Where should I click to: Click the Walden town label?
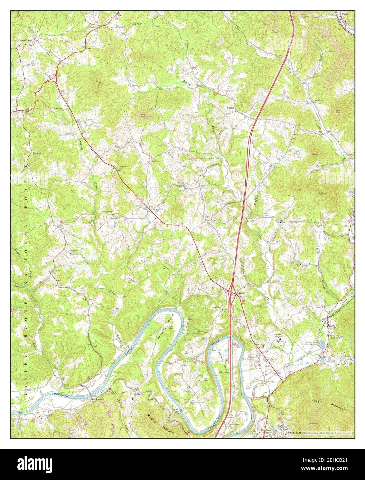(x=230, y=108)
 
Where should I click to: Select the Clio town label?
(x=151, y=207)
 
